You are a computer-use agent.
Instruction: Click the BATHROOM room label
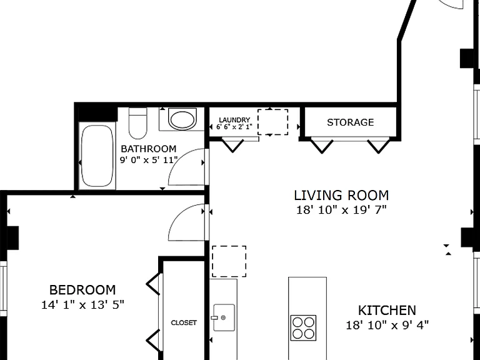149,149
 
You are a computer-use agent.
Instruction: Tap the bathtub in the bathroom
97,156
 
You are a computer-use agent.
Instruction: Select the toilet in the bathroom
137,123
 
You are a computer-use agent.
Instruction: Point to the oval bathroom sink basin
182,119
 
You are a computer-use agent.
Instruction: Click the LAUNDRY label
234,120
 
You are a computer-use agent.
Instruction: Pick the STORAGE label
350,122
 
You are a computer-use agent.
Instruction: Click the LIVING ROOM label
341,195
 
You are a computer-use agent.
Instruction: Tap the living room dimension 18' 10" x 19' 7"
341,210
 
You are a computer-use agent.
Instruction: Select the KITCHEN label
387,311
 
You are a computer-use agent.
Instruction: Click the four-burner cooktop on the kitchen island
303,327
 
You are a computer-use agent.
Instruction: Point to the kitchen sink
224,317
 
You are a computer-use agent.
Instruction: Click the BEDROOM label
82,289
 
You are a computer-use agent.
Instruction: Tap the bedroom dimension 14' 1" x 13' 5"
82,304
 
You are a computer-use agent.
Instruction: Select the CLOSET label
184,322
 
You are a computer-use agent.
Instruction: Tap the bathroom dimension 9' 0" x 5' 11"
149,160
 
